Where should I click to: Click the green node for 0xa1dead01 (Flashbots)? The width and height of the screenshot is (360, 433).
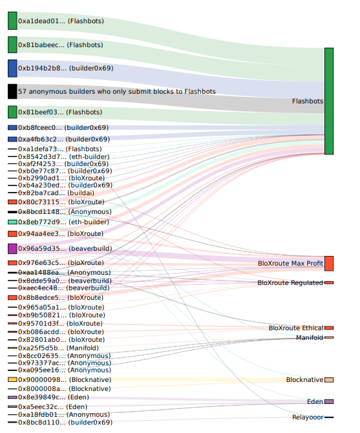coord(12,21)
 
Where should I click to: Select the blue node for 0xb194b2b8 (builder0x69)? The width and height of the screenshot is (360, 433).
coord(12,69)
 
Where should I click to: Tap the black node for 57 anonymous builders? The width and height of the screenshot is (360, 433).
coord(12,91)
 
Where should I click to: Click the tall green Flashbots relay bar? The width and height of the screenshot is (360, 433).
coord(329,101)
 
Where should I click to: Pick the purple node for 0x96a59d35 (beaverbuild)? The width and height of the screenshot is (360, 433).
coord(12,249)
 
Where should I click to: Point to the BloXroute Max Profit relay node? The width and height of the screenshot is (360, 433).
coord(329,264)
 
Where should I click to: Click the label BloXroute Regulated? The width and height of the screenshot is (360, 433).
coord(290,283)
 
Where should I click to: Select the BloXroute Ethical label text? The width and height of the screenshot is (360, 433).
coord(296,328)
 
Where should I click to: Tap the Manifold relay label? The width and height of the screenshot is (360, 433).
coord(310,337)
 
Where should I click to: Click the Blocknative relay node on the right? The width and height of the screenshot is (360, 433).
coord(329,380)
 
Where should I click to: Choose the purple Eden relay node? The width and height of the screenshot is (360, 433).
coord(329,401)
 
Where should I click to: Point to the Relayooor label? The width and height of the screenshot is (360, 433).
coord(308,417)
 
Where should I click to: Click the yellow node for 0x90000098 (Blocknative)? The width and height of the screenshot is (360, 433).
coord(12,380)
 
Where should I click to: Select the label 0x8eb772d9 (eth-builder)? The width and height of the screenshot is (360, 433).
coord(63,222)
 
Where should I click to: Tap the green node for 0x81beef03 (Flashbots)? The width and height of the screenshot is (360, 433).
coord(12,112)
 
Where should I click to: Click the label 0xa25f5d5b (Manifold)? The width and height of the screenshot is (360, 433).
coord(58,348)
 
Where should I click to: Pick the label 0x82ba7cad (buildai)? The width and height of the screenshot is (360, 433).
coord(56,193)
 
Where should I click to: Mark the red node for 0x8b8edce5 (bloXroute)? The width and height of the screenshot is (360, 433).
coord(12,298)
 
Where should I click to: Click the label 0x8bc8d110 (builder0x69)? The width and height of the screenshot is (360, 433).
coord(65,422)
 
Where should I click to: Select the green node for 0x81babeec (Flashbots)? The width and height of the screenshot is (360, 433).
coord(12,45)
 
